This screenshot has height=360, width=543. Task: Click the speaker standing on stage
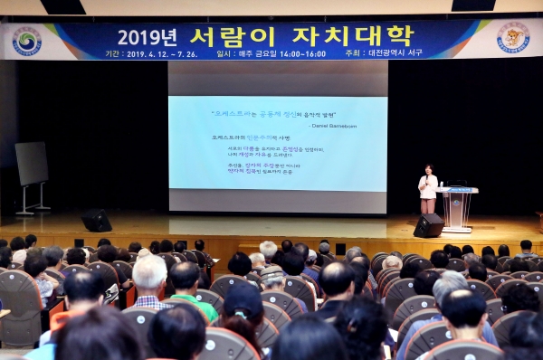(428, 190)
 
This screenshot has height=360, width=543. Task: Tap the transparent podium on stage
(457, 209)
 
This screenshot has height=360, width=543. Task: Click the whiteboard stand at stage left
(32, 175)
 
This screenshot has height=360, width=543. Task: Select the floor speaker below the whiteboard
(96, 221)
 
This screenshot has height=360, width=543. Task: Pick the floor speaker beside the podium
(428, 225)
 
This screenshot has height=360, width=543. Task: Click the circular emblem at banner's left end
(26, 41)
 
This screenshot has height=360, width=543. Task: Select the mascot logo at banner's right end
(513, 38)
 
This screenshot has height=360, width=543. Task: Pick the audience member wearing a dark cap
(243, 308)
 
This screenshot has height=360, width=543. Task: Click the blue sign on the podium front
(457, 205)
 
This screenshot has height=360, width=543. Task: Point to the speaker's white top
(428, 187)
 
